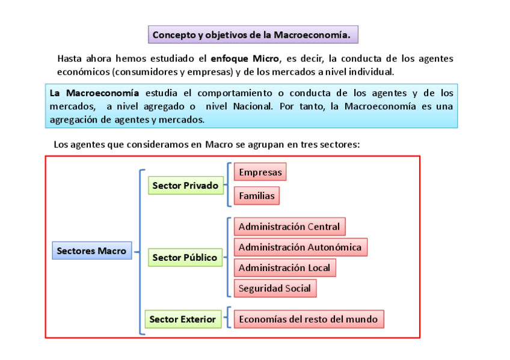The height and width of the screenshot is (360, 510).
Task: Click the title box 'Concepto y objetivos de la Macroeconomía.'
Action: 253,34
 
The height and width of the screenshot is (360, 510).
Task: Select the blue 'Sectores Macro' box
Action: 91,251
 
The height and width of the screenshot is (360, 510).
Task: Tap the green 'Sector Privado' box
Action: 185,186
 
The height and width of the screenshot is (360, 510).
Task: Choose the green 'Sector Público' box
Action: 185,258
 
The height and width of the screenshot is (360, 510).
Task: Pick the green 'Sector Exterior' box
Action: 182,319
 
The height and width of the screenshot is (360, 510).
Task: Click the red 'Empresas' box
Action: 260,172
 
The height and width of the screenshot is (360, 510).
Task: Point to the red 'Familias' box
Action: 256,195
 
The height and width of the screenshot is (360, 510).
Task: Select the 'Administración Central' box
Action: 289,227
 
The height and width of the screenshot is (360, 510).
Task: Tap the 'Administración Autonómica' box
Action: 300,247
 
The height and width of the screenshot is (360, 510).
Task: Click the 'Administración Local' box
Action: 284,267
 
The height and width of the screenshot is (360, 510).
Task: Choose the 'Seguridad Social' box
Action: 274,288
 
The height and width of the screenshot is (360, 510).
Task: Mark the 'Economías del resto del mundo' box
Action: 309,319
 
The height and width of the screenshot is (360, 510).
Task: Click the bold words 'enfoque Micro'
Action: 245,59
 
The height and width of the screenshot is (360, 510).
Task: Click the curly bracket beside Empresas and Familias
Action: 229,184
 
